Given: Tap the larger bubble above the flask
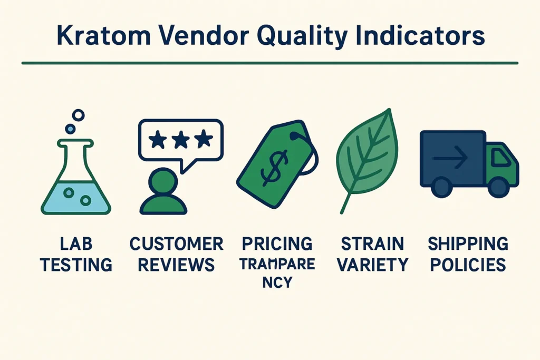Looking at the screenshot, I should click(x=79, y=115).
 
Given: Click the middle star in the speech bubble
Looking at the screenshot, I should click(x=180, y=140).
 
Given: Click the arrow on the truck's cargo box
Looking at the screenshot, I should click(x=450, y=157).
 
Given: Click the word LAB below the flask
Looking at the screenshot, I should click(x=76, y=244).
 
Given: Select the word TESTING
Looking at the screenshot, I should click(x=76, y=264).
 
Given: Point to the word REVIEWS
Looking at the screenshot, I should click(x=177, y=264).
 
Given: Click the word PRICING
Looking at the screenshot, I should click(x=277, y=244).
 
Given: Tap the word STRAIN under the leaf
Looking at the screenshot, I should click(x=372, y=244).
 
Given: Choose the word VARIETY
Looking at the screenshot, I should click(x=372, y=264).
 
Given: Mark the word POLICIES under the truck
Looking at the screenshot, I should click(x=467, y=264).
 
